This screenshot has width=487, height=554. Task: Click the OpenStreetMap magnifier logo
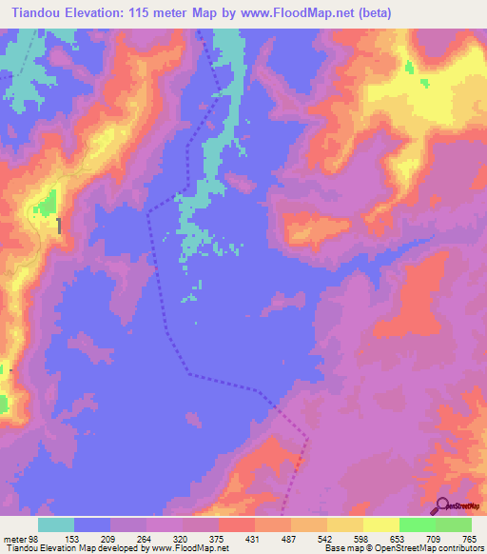click(442, 505)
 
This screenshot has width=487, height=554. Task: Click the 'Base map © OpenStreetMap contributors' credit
click(401, 547)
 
